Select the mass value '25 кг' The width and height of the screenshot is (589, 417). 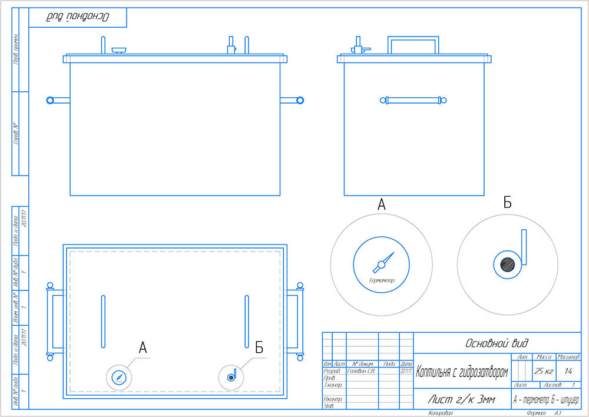pyautogui.click(x=543, y=372)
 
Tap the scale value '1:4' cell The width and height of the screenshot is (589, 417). pyautogui.click(x=568, y=372)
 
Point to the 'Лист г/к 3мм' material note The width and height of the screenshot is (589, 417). pyautogui.click(x=461, y=400)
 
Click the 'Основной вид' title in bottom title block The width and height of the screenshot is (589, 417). pyautogui.click(x=497, y=342)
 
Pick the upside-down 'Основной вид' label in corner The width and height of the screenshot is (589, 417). pyautogui.click(x=78, y=17)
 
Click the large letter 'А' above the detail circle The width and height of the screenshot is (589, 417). pyautogui.click(x=381, y=205)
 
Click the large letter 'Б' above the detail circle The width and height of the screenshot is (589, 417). pyautogui.click(x=507, y=203)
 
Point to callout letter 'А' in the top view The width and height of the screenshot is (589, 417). pyautogui.click(x=143, y=347)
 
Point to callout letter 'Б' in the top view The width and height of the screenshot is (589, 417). pyautogui.click(x=259, y=347)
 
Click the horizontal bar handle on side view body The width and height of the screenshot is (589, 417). pyautogui.click(x=413, y=101)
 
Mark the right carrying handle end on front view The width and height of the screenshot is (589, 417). pyautogui.click(x=300, y=101)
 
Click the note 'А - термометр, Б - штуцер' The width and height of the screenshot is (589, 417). pyautogui.click(x=546, y=400)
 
